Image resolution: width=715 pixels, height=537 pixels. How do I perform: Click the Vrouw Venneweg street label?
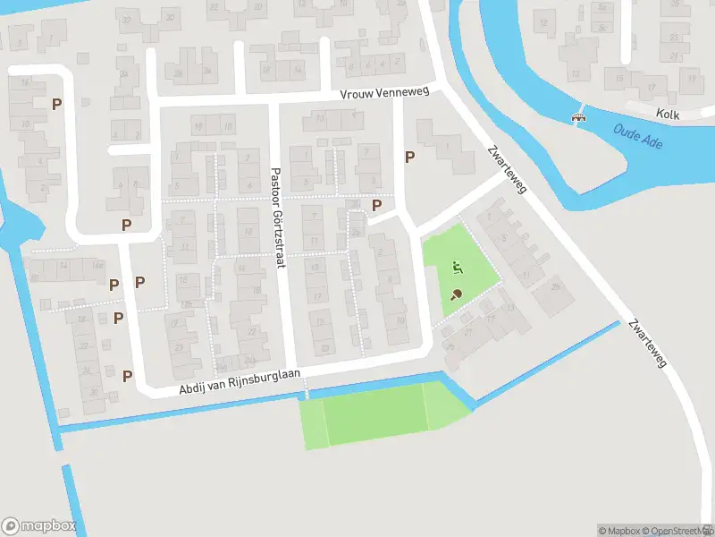pos(384,93)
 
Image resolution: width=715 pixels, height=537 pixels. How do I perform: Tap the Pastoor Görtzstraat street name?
pos(276,215)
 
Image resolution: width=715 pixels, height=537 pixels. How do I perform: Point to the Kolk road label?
pos(667,115)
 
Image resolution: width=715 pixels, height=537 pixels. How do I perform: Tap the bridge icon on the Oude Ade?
pos(579,116)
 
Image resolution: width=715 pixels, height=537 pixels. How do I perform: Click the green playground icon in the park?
pos(456,266)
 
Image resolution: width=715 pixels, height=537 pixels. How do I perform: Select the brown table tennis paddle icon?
pos(456,294)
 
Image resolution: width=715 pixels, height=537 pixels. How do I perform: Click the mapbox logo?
pos(38,526)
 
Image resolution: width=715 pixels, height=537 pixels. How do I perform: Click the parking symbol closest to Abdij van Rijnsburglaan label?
pos(127,376)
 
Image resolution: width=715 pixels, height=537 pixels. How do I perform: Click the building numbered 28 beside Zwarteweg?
pos(555,286)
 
